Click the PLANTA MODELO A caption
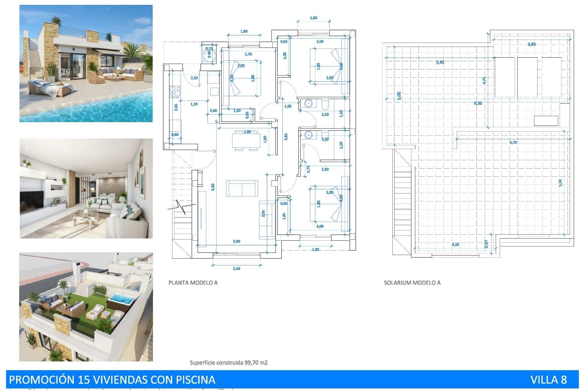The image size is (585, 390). click(x=193, y=283)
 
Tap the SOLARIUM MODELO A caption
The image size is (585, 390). click(x=412, y=283)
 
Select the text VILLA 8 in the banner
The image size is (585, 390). click(x=548, y=380)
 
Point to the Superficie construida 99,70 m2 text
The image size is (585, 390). click(x=229, y=363)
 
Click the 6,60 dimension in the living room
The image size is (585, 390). click(x=213, y=187)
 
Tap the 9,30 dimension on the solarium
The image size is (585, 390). click(x=478, y=103)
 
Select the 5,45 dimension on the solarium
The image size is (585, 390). click(x=440, y=62)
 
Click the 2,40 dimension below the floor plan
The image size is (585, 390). click(x=236, y=269)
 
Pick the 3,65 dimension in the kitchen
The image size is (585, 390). click(x=176, y=107)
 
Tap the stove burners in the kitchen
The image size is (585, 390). click(x=175, y=92)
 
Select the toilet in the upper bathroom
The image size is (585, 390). click(x=325, y=105)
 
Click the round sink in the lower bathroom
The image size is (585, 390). click(x=308, y=135)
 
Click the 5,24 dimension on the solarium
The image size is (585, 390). click(x=560, y=183)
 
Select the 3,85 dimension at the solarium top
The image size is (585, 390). click(x=532, y=44)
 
